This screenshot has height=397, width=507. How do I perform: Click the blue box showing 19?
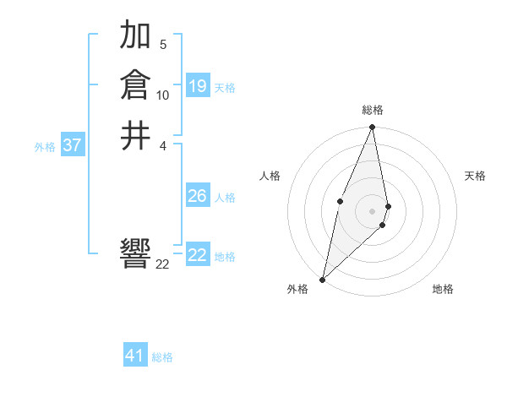(198, 86)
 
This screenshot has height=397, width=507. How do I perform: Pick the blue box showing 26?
(198, 196)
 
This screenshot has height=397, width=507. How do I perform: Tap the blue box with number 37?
(73, 145)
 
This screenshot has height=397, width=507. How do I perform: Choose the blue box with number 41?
(135, 356)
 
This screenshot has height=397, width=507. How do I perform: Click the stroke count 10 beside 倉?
(163, 95)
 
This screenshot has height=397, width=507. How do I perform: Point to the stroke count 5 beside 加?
(163, 44)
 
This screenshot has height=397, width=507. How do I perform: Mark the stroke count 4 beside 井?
(163, 144)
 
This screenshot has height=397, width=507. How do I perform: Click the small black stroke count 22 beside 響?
(163, 264)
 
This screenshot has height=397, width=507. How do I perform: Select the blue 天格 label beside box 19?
(225, 87)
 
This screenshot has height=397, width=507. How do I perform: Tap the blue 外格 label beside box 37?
(45, 146)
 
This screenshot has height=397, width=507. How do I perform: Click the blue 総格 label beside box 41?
(162, 357)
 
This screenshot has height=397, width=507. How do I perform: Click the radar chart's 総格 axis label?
(373, 110)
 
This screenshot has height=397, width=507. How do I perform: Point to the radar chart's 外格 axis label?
(297, 289)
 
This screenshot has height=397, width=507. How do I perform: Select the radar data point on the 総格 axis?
(373, 128)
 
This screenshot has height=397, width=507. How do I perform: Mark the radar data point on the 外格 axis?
(323, 279)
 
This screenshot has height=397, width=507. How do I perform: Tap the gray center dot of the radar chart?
(373, 210)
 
